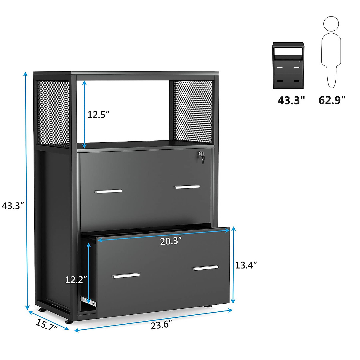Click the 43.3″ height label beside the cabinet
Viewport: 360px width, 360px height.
[x=13, y=206]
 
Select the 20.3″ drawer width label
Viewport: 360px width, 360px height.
[x=171, y=241]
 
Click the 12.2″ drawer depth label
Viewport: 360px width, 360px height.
[x=76, y=280]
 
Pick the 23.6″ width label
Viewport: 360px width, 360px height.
[x=161, y=325]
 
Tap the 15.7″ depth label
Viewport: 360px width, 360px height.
[x=47, y=325]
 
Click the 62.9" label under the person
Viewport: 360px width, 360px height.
[x=332, y=100]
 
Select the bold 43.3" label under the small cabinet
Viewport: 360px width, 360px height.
[x=291, y=100]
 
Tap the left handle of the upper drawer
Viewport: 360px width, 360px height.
[x=109, y=191]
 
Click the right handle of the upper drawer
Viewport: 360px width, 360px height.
[x=187, y=187]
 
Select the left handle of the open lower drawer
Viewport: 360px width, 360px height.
[x=126, y=275]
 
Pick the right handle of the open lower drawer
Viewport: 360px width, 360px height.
[x=206, y=268]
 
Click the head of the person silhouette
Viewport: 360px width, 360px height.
[x=331, y=24]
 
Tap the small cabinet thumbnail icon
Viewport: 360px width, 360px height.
[x=288, y=66]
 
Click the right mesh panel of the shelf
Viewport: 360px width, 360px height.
[x=192, y=111]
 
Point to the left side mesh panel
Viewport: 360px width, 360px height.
[x=53, y=114]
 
